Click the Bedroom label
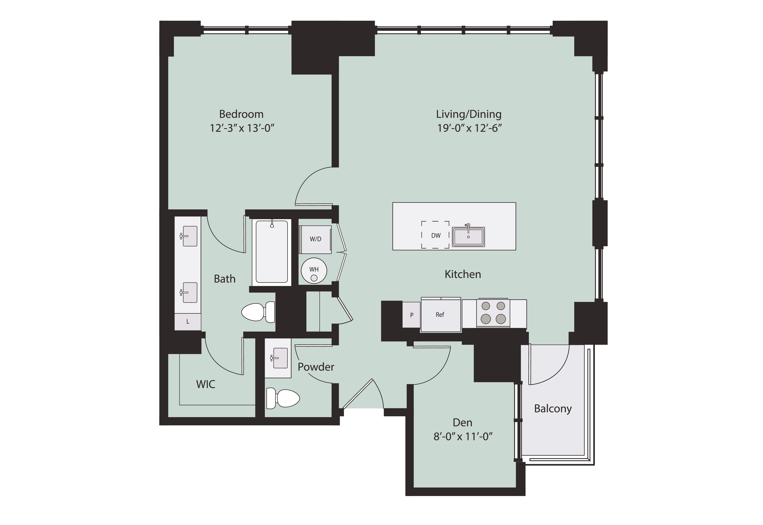coord(241,114)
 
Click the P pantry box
coord(412,315)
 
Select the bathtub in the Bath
coord(272,252)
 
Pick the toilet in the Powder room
coord(283,398)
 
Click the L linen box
coord(188,321)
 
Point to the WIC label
coord(206,384)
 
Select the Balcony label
coord(553,409)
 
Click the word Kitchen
coord(463,274)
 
